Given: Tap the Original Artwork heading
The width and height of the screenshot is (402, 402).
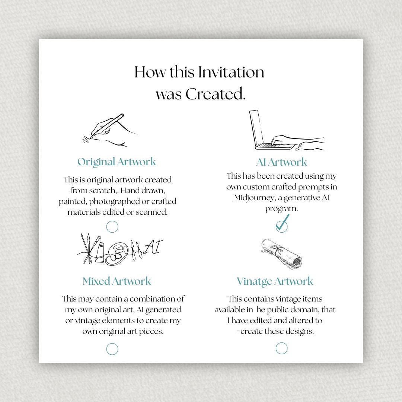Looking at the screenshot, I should click(x=117, y=162).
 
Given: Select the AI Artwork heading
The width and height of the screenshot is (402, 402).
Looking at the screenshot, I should click(x=281, y=162).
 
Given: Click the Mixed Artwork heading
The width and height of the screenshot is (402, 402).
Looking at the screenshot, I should click(x=117, y=281).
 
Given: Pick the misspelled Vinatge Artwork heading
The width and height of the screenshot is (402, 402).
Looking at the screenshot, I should click(x=275, y=281).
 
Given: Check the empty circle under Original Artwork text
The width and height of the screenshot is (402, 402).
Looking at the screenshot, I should click(x=112, y=227).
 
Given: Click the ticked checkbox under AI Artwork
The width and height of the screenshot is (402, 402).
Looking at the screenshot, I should click(x=282, y=225).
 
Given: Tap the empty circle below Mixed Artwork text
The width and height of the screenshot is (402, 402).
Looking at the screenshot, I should click(x=112, y=349).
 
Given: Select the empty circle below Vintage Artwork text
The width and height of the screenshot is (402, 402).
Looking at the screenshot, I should click(x=282, y=348).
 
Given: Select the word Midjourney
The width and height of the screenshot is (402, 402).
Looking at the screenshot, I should click(x=253, y=198).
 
